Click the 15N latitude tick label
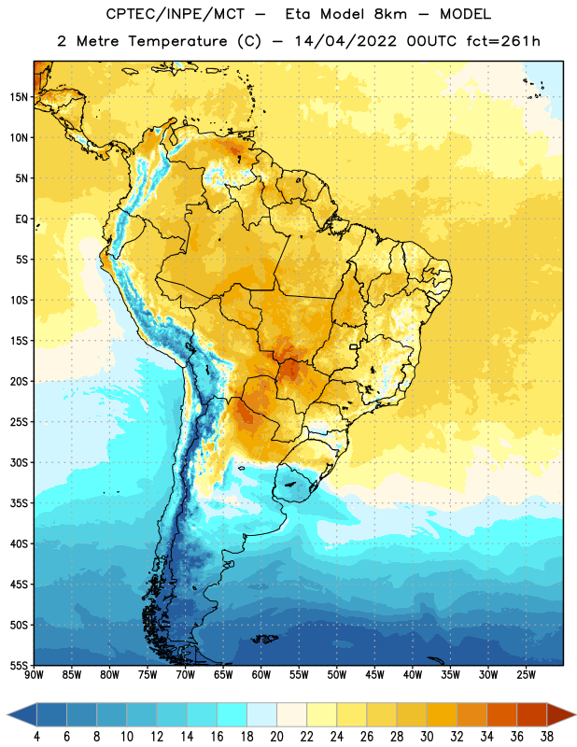(19, 97)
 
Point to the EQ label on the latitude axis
(21, 219)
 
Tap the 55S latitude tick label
(19, 665)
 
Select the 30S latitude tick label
(19, 462)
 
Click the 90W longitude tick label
(35, 675)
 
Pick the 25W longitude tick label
(526, 675)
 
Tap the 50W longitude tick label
(337, 675)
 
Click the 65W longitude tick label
(223, 675)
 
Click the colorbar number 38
(546, 737)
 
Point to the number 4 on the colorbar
(36, 737)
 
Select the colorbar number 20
(276, 737)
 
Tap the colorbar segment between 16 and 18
(232, 715)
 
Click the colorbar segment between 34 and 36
(501, 715)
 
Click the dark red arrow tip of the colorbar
(561, 715)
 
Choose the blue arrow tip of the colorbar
(21, 715)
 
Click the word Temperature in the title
(177, 41)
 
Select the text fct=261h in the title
(503, 41)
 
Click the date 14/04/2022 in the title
(345, 41)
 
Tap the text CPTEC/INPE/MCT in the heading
(176, 14)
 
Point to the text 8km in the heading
(390, 14)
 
